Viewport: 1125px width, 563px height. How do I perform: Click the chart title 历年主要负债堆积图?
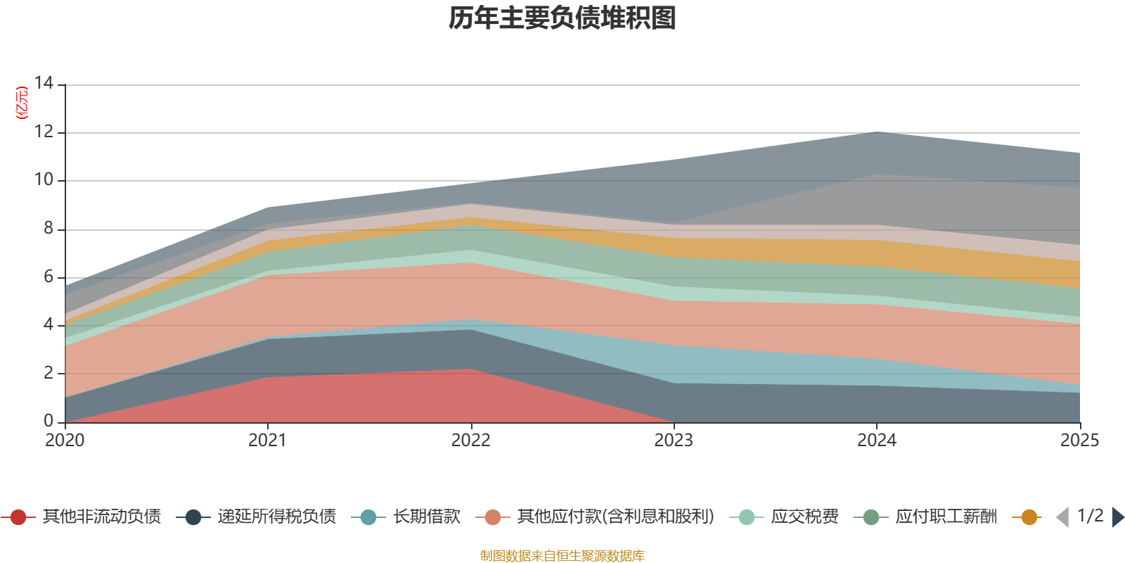(x=562, y=18)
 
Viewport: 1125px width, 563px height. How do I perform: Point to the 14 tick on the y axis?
(x=44, y=84)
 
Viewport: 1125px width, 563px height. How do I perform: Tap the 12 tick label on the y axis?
(x=44, y=132)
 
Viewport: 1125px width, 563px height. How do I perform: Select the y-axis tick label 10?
(x=44, y=180)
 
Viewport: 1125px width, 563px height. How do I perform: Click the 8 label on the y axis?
(x=49, y=228)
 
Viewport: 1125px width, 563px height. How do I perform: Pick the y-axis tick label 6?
(x=49, y=277)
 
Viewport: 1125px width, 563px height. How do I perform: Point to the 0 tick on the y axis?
(x=49, y=421)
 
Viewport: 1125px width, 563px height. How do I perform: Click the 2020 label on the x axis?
(x=65, y=441)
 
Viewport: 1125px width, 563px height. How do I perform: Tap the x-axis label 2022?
(x=470, y=441)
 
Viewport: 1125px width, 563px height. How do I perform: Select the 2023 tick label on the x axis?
(x=674, y=441)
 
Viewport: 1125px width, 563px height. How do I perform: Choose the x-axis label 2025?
(x=1079, y=441)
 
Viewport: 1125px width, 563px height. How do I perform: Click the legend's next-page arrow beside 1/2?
(x=1117, y=517)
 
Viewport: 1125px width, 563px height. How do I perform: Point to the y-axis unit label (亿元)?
(x=22, y=103)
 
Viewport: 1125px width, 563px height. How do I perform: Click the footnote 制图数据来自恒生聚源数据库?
(x=562, y=556)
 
